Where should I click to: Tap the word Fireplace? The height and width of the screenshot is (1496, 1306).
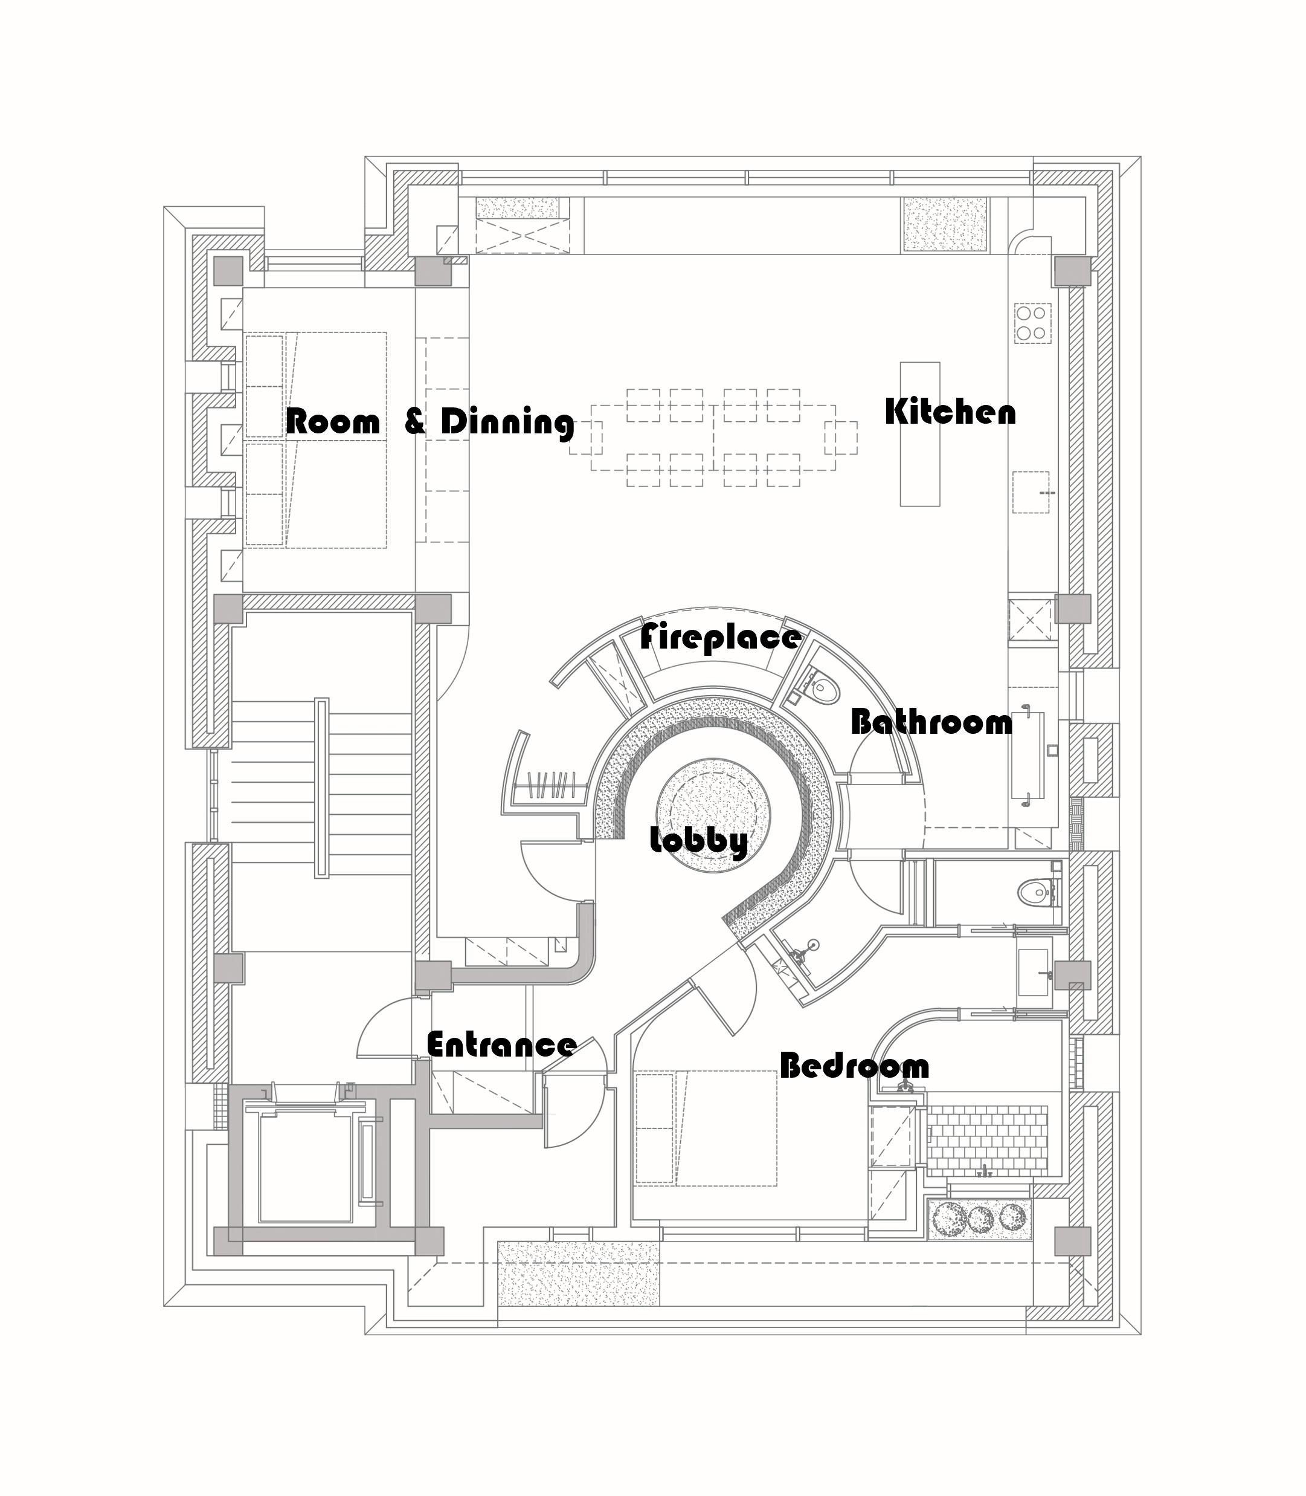pos(720,637)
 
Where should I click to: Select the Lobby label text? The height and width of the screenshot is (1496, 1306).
pos(698,841)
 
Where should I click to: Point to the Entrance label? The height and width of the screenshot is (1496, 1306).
pos(501,1044)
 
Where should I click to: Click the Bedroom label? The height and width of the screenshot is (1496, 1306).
pos(854,1066)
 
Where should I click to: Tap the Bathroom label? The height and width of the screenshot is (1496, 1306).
pos(931,722)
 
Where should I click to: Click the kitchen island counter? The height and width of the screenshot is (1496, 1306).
pos(920,434)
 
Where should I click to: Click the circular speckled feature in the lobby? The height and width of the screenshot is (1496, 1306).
pos(713,809)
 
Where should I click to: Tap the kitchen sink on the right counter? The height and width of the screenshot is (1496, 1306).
pos(1031,493)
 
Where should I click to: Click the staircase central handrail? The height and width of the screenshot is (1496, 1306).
pos(321,788)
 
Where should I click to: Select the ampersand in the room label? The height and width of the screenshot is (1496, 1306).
pos(414,422)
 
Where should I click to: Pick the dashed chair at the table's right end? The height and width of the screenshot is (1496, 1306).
pos(840,438)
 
